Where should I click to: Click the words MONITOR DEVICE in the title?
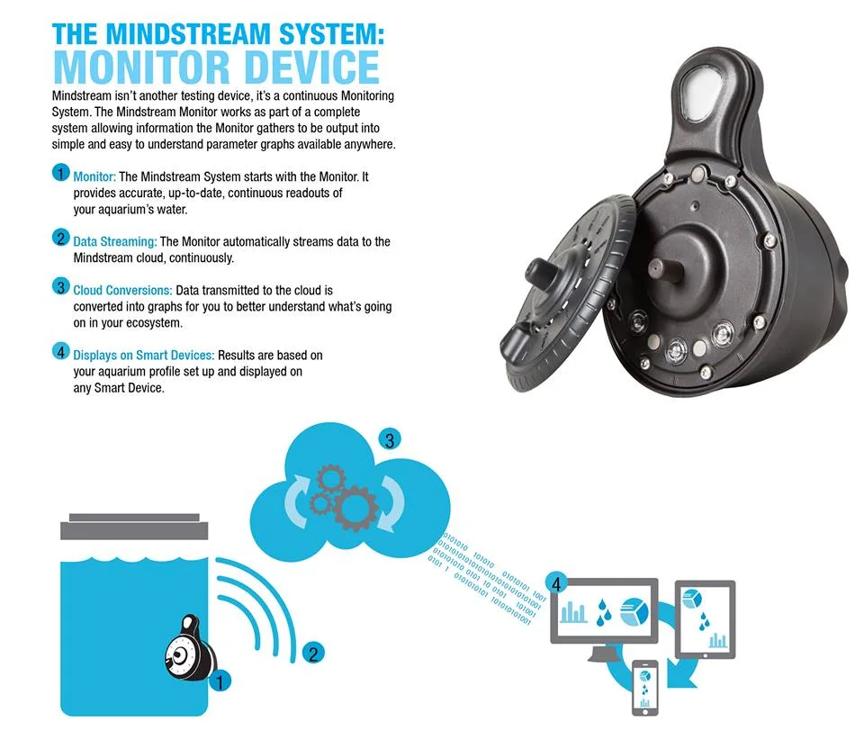pos(217,68)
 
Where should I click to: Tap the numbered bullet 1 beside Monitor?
pos(60,173)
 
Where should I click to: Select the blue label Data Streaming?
pos(114,241)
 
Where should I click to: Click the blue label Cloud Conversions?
pos(122,290)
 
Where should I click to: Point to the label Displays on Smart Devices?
pos(143,355)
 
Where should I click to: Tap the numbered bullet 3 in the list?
pos(60,286)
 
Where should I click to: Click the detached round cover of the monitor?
pos(567,293)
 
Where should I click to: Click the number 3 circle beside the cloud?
pos(390,439)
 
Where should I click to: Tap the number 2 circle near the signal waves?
pos(313,654)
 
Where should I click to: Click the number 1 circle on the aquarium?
pos(220,681)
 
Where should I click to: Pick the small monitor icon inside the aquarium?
pos(190,648)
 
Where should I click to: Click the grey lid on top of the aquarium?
pos(134,527)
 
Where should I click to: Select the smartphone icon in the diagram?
pos(644,687)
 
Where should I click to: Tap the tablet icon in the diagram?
pos(705,619)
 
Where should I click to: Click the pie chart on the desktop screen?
pos(634,612)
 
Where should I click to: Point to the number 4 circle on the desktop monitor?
pos(556,584)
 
